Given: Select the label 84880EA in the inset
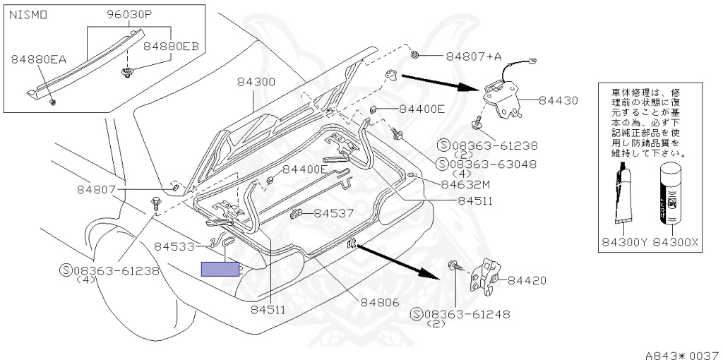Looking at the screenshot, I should point(39,59).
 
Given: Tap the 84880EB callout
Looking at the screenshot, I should point(172,46).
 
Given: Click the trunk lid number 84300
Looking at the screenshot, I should point(256,82).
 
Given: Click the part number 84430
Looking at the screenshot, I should point(558,101).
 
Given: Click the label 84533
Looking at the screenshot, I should point(174,246).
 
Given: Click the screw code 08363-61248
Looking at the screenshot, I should point(466,314).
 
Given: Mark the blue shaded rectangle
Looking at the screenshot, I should point(220,269).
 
